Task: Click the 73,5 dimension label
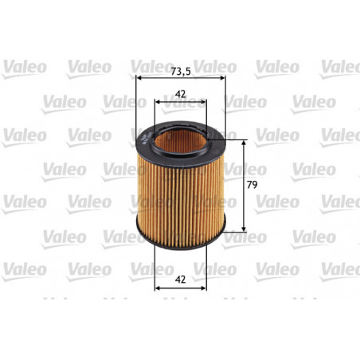[181, 70]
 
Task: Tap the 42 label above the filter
[180, 93]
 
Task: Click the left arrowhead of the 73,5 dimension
[139, 78]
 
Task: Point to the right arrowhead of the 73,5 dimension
[224, 78]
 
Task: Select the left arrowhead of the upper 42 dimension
[157, 101]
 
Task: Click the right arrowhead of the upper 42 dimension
[205, 101]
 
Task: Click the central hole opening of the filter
[181, 139]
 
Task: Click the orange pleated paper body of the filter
[181, 191]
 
